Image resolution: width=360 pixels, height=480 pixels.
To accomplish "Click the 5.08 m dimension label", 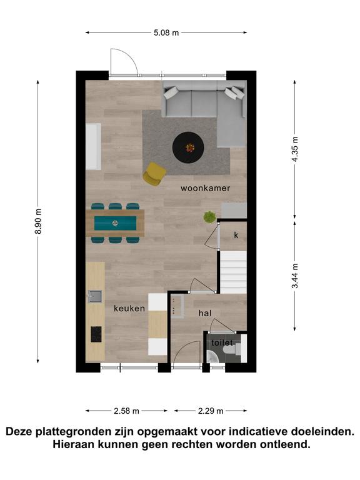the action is pos(166,32).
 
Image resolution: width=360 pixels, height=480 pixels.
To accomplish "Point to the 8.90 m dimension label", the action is pos(38,221).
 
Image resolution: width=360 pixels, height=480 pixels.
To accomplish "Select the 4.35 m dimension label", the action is pos(294,149).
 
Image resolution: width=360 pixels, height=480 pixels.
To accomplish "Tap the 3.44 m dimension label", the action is pos(294,276).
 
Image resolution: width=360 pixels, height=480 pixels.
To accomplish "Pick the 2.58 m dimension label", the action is pos(126,411).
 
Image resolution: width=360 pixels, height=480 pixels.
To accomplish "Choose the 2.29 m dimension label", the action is pos(211,411).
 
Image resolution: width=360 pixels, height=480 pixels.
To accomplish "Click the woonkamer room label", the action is pos(205,188).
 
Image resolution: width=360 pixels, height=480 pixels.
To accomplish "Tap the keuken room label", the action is pos(129,308).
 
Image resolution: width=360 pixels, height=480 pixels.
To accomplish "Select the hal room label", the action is pos(205,313).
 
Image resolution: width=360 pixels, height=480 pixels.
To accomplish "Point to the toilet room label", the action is pos(222,342).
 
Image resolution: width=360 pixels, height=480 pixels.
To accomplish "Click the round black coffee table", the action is pos(188,147).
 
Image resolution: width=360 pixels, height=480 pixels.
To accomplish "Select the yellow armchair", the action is pos(154,174).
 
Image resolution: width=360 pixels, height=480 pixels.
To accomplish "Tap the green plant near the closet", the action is pos(210,217).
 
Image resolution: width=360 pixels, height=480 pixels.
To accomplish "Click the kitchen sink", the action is pos(95,296).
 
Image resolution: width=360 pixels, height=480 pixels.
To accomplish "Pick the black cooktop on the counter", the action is pos(96,334).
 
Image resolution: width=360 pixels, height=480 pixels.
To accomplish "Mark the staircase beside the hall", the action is pos(234,272).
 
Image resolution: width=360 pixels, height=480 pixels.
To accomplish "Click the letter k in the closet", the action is pos(236,235).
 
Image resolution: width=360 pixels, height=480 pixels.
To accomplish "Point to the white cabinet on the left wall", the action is pos(93,146).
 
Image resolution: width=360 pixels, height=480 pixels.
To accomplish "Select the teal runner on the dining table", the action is pos(115,223).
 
